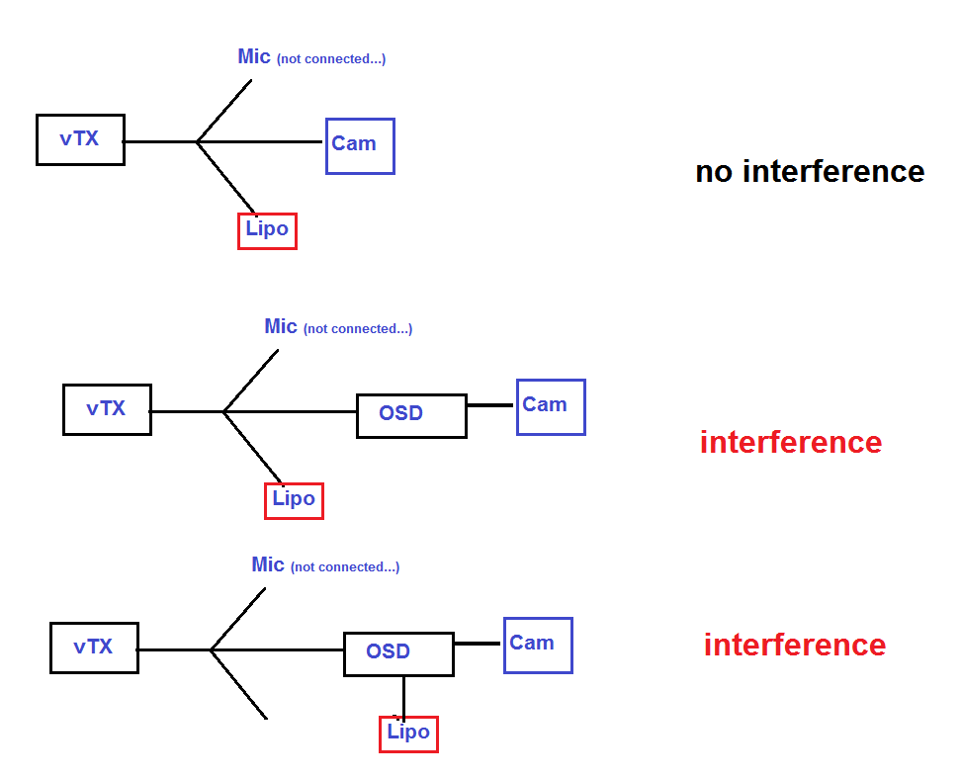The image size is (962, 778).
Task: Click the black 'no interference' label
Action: [810, 171]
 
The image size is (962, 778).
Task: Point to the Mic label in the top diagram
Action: [254, 56]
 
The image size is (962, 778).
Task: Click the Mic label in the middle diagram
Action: [281, 326]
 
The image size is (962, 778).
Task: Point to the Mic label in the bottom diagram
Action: [268, 564]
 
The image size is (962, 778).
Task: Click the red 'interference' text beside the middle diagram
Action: [791, 442]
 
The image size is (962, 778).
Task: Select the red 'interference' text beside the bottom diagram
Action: [795, 645]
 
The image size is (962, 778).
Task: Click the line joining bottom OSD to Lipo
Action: [403, 698]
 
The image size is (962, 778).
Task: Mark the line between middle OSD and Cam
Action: [490, 405]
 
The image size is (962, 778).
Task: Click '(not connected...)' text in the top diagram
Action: [331, 59]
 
